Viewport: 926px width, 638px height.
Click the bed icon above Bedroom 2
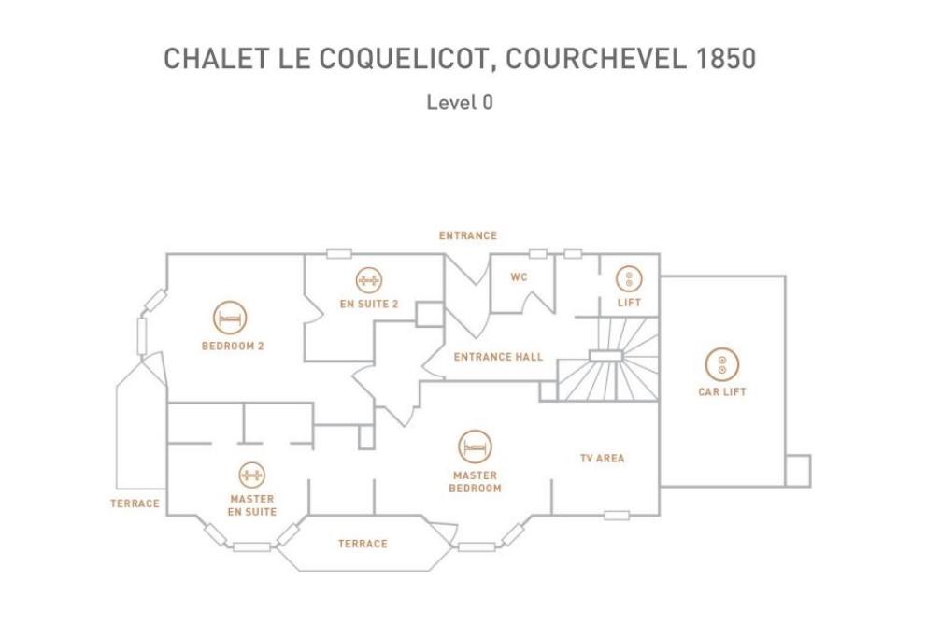230,318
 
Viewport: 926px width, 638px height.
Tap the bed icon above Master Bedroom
475,447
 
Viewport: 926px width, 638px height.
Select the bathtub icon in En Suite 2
369,280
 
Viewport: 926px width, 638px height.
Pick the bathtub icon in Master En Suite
252,475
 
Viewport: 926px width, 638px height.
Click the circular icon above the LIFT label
629,278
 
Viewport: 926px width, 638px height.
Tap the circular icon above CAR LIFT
721,364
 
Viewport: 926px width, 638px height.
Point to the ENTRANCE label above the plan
468,235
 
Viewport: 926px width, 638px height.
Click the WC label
520,277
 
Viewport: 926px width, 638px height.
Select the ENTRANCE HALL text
498,357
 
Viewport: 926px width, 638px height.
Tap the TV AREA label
603,458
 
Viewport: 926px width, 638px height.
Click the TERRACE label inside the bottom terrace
363,544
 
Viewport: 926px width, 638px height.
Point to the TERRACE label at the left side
135,503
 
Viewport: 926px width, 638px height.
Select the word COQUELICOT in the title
404,59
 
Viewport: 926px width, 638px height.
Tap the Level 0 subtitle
460,103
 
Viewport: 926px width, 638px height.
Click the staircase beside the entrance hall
608,360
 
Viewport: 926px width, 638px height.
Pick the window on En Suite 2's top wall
339,254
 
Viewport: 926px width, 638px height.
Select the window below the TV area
617,516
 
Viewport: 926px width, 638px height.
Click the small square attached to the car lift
798,471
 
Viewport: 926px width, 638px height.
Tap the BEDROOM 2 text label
233,346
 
